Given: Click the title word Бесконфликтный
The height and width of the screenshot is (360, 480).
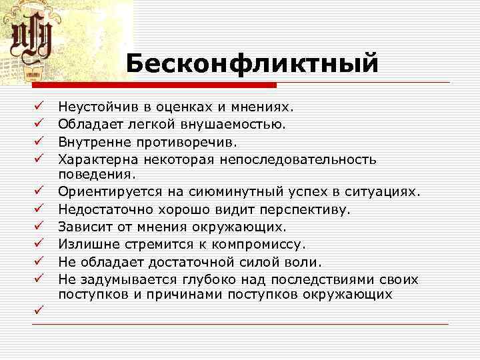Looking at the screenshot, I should (252, 64).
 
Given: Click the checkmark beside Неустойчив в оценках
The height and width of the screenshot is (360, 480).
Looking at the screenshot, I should (39, 105).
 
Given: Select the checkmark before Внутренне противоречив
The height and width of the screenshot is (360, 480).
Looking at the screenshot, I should (39, 141).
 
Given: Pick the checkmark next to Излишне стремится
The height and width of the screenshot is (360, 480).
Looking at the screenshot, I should (39, 244).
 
